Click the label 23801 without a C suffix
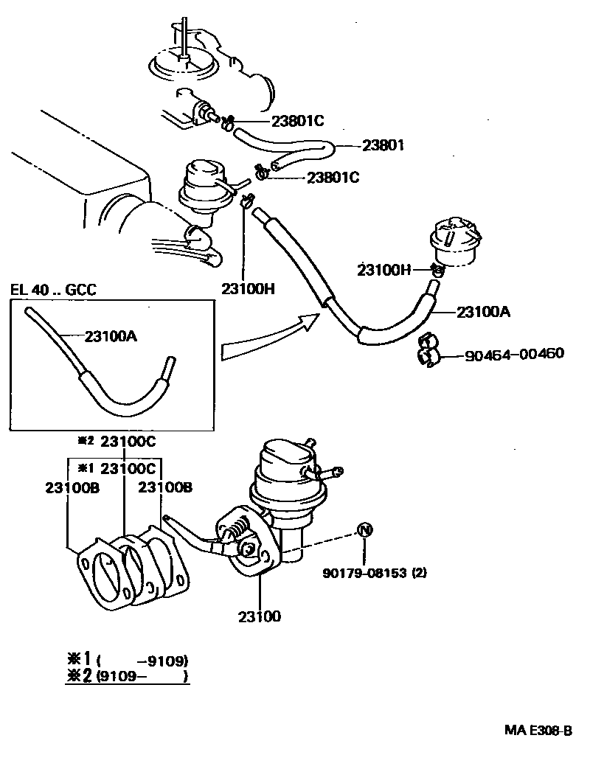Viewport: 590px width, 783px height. click(x=383, y=146)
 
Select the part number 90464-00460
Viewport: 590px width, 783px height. click(x=514, y=354)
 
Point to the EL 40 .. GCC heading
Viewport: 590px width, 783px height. click(x=53, y=290)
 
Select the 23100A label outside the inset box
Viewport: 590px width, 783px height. click(x=483, y=312)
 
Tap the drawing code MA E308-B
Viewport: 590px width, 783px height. click(x=538, y=731)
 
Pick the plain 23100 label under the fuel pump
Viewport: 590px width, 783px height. click(x=259, y=616)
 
